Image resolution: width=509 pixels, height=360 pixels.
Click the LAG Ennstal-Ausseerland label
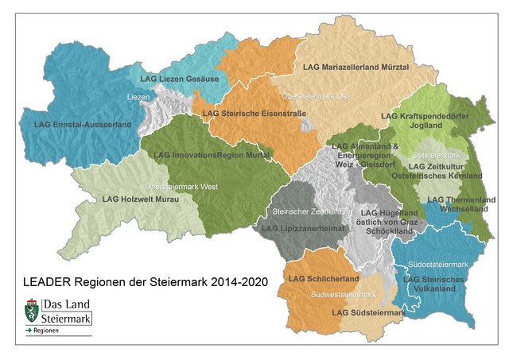click(x=72, y=125)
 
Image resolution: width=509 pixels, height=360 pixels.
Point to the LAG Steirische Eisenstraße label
click(x=254, y=114)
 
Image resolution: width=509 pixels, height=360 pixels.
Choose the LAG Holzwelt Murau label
click(x=142, y=199)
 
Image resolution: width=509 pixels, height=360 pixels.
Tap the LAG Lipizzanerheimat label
click(x=303, y=228)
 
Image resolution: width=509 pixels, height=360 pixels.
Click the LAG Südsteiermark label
click(x=368, y=313)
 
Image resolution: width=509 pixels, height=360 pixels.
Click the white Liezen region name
click(x=138, y=97)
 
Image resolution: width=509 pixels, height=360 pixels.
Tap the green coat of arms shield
click(x=32, y=311)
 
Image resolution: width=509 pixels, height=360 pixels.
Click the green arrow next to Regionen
click(x=29, y=329)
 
